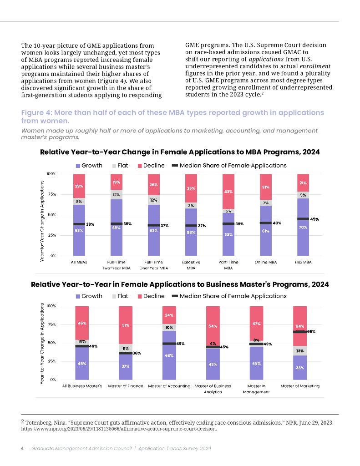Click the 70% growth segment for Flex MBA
[x=303, y=228]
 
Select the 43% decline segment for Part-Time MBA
[x=228, y=192]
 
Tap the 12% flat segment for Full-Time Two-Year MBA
[x=116, y=195]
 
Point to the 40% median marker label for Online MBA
[x=277, y=223]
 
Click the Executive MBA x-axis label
[x=191, y=265]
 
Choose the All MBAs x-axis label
[x=79, y=262]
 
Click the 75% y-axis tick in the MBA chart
[x=51, y=194]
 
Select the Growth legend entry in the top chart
[x=89, y=166]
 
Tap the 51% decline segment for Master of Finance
[x=126, y=325]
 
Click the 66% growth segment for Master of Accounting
[x=169, y=355]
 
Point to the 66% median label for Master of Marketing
[x=311, y=332]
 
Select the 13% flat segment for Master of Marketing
[x=300, y=351]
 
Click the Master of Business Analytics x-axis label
[x=213, y=389]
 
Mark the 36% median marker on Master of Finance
[x=126, y=353]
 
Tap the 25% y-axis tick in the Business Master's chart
[x=51, y=361]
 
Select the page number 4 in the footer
[x=22, y=448]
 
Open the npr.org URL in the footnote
[x=119, y=429]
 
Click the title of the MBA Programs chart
[x=180, y=152]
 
